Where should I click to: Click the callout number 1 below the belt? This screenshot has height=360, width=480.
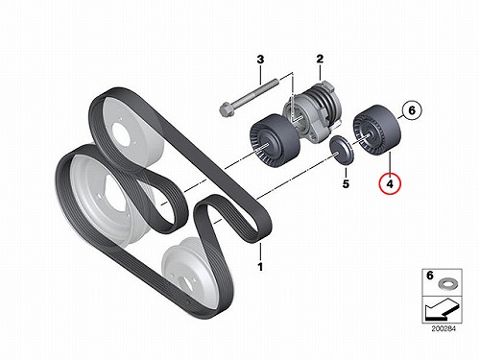[x=260, y=266]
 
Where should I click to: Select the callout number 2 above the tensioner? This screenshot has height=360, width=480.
[x=320, y=59]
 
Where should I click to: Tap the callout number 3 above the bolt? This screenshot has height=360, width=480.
[x=261, y=60]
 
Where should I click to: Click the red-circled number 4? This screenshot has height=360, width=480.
[x=390, y=183]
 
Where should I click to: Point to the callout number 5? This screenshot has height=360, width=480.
[x=346, y=184]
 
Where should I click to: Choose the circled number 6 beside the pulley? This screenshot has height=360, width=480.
[x=412, y=110]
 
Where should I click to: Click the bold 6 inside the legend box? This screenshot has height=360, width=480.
[x=430, y=276]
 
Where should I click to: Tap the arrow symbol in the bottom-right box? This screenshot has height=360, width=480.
[x=442, y=309]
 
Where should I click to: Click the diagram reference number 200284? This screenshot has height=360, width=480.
[x=444, y=328]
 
